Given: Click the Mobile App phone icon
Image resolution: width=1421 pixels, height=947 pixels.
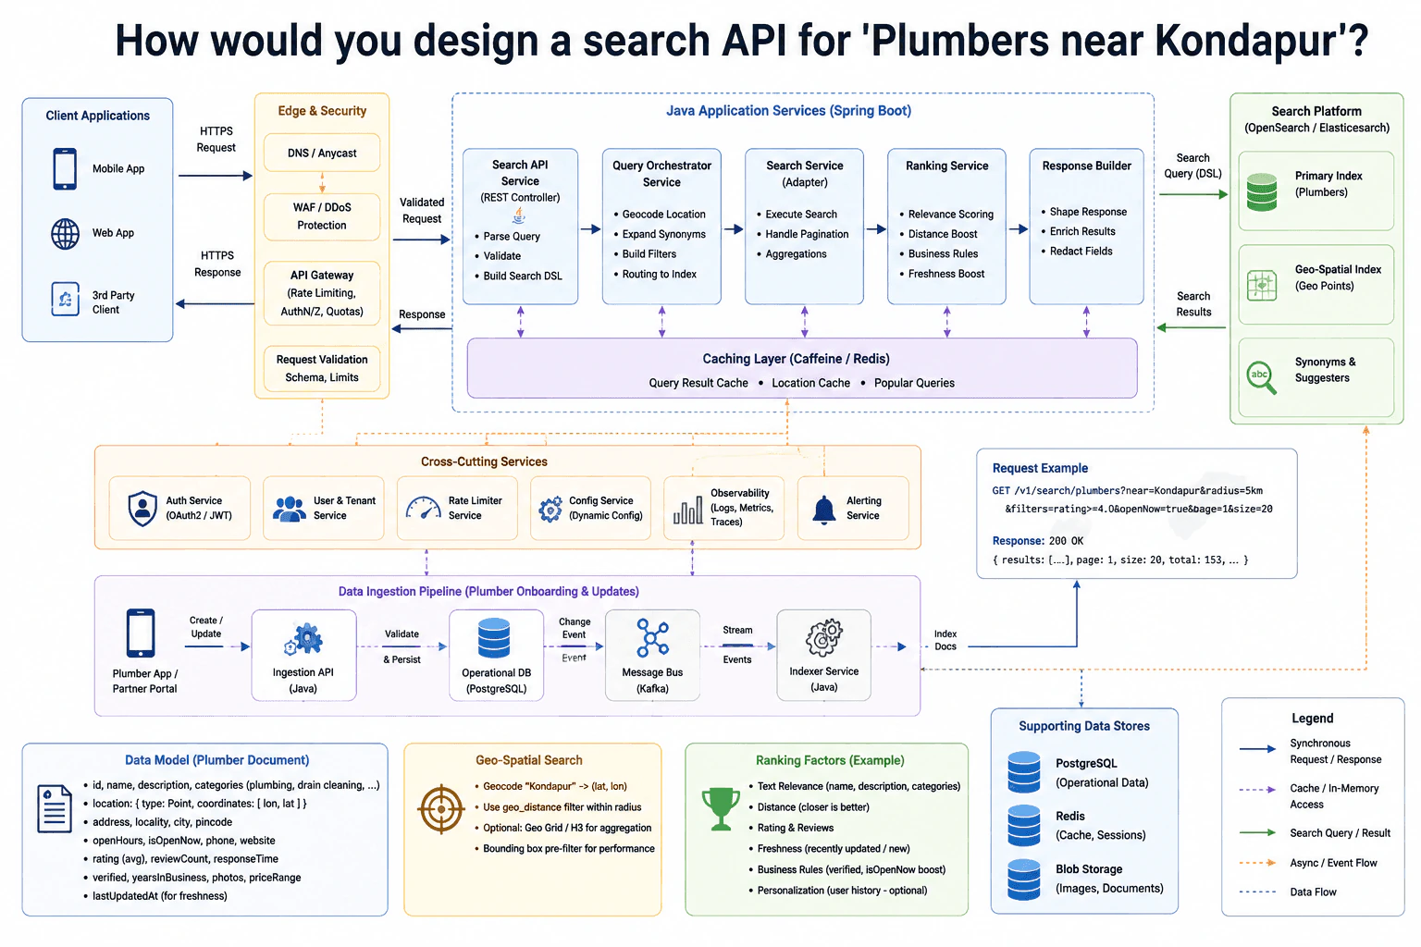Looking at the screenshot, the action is point(65,168).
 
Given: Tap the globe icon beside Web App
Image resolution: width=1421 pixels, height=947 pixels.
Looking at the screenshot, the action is point(66,233).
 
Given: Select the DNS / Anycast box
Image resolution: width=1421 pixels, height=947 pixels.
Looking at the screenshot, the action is point(322,153).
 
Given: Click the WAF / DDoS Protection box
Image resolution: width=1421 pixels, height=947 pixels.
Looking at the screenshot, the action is point(322,216).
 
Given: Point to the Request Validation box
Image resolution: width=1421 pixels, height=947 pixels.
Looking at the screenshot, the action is point(322,368).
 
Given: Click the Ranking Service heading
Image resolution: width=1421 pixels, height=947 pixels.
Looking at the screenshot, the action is point(946,166).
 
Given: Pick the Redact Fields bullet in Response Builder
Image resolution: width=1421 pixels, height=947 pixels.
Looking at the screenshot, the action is point(1081,252).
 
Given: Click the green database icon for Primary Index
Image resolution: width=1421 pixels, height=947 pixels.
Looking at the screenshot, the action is point(1262,191).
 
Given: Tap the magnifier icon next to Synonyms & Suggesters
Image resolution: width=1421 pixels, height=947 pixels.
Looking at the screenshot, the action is point(1261,377).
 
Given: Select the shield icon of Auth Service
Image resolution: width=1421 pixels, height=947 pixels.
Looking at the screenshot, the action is point(142,508).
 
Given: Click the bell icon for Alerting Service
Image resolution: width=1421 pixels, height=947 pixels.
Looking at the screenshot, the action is point(824,510).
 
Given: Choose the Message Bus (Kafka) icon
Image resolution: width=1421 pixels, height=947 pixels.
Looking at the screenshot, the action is point(652,637).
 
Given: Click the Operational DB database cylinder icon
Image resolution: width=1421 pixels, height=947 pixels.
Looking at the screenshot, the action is point(494,637).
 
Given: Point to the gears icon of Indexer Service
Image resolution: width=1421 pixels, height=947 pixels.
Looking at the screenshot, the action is point(823,637).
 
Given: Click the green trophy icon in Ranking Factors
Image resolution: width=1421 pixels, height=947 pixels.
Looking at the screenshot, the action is point(721,808).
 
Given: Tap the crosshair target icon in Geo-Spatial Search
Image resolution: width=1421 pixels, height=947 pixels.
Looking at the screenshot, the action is point(441,808).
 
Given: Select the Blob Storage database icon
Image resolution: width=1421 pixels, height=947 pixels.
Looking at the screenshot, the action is point(1024,879).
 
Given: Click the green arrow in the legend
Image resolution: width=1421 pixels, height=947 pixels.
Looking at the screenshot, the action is point(1257,833).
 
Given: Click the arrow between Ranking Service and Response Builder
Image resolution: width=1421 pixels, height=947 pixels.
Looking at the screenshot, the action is point(1019,229).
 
